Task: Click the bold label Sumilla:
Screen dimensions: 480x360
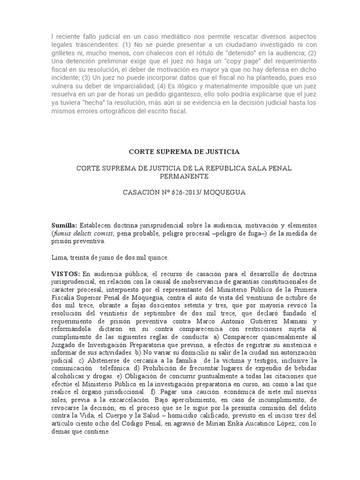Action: point(64,225)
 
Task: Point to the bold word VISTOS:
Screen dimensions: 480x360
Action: point(65,273)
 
